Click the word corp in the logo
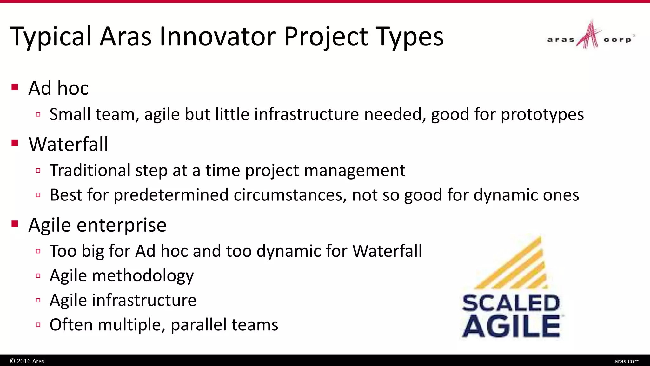(617, 40)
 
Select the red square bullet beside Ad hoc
(15, 87)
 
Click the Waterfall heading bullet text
(68, 144)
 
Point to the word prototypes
(542, 114)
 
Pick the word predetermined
(171, 195)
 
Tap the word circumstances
(290, 195)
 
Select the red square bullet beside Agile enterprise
(15, 224)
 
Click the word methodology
(143, 276)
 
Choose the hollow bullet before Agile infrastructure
(38, 300)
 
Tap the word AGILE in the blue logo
(511, 326)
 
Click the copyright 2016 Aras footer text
(27, 361)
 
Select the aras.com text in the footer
(627, 361)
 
